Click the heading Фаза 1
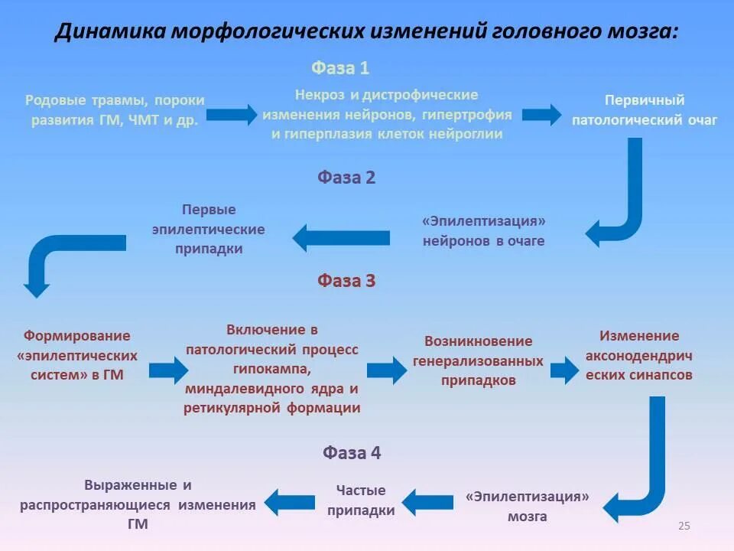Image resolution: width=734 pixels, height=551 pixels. pos(340,68)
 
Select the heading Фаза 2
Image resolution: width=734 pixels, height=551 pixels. pos(346,178)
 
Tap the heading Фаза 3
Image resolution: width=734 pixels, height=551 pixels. pos(346,281)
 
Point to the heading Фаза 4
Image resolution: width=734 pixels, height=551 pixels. pos(352,452)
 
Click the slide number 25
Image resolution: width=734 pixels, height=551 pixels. pos(684,526)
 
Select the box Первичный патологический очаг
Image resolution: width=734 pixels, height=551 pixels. pos(645,110)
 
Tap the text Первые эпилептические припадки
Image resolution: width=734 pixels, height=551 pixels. pos(209,229)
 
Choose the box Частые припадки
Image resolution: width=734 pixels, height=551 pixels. pos(362,500)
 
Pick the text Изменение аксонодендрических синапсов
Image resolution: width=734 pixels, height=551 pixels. pos(639,355)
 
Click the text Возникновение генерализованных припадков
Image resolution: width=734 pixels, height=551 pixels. pos(479,360)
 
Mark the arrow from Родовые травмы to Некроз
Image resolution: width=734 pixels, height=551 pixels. pos(232,115)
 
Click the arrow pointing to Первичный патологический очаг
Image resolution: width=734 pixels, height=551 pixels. pos(541,115)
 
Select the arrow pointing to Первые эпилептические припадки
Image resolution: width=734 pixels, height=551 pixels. pos(341,237)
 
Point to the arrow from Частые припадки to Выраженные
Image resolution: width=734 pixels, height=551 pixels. pos(290,502)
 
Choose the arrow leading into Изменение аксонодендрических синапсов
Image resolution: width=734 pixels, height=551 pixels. pos(565,370)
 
